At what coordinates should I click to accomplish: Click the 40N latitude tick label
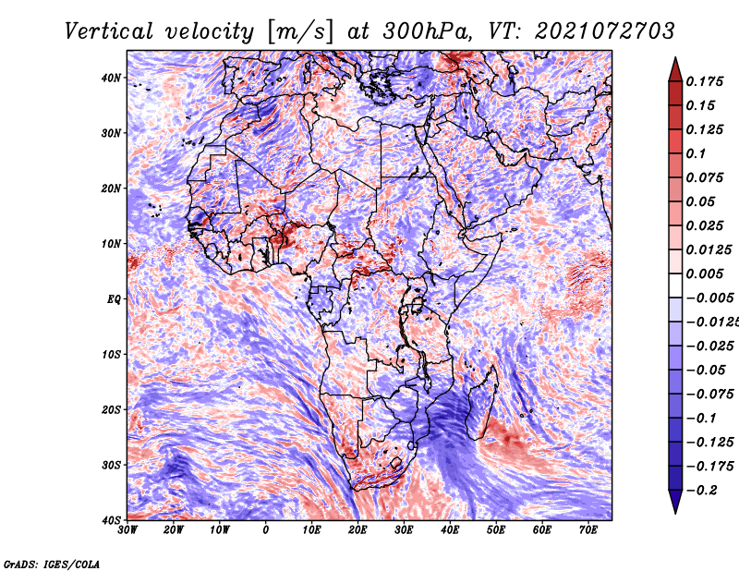(x=111, y=78)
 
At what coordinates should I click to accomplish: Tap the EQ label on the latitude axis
(x=114, y=299)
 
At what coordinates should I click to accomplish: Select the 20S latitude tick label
(x=111, y=409)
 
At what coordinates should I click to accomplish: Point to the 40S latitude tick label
(x=111, y=520)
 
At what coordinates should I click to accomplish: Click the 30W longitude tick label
(x=127, y=530)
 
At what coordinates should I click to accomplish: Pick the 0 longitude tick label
(x=266, y=530)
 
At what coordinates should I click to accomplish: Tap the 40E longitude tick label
(x=450, y=530)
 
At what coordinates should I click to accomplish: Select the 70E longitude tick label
(x=588, y=530)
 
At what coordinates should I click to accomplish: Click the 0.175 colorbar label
(x=705, y=81)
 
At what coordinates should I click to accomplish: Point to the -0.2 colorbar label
(x=702, y=491)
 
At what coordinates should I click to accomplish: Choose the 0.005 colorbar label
(x=705, y=273)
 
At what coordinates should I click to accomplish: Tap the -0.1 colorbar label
(x=702, y=419)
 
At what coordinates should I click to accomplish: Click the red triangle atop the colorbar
(x=675, y=71)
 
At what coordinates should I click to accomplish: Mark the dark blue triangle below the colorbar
(x=675, y=502)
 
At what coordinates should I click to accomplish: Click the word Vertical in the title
(x=109, y=31)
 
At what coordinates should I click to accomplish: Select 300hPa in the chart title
(x=427, y=31)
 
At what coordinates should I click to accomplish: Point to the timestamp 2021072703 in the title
(x=605, y=31)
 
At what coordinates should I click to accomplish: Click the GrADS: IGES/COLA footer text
(x=52, y=565)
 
